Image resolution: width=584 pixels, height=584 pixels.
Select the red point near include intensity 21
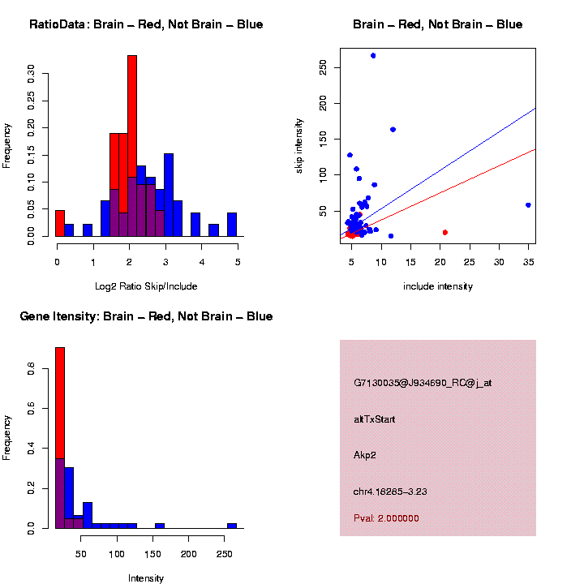tap(444, 233)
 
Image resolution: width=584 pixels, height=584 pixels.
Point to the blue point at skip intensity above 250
tap(373, 56)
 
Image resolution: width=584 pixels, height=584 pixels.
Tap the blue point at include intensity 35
tap(528, 205)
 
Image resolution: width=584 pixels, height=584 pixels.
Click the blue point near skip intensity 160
tap(393, 130)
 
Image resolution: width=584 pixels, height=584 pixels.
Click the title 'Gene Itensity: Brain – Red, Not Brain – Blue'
tap(146, 316)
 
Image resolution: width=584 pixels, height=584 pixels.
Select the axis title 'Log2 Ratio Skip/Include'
tap(146, 286)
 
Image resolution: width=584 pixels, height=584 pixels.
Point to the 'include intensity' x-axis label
tap(438, 286)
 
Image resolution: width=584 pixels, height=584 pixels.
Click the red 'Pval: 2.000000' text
tap(386, 518)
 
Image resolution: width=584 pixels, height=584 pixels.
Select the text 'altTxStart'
tap(375, 419)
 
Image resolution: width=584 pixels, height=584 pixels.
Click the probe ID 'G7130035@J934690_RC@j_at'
tap(423, 383)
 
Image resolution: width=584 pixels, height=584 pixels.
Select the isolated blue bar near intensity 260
tap(232, 525)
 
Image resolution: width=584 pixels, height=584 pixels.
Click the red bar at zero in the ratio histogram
tap(60, 223)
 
